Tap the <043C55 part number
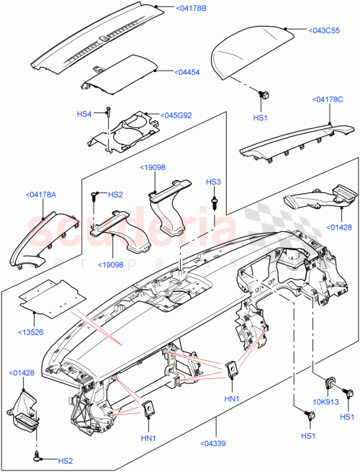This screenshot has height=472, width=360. pos(325,31)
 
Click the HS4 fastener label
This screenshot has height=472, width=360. pos(84,114)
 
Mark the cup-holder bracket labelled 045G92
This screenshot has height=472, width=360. pos(130,130)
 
